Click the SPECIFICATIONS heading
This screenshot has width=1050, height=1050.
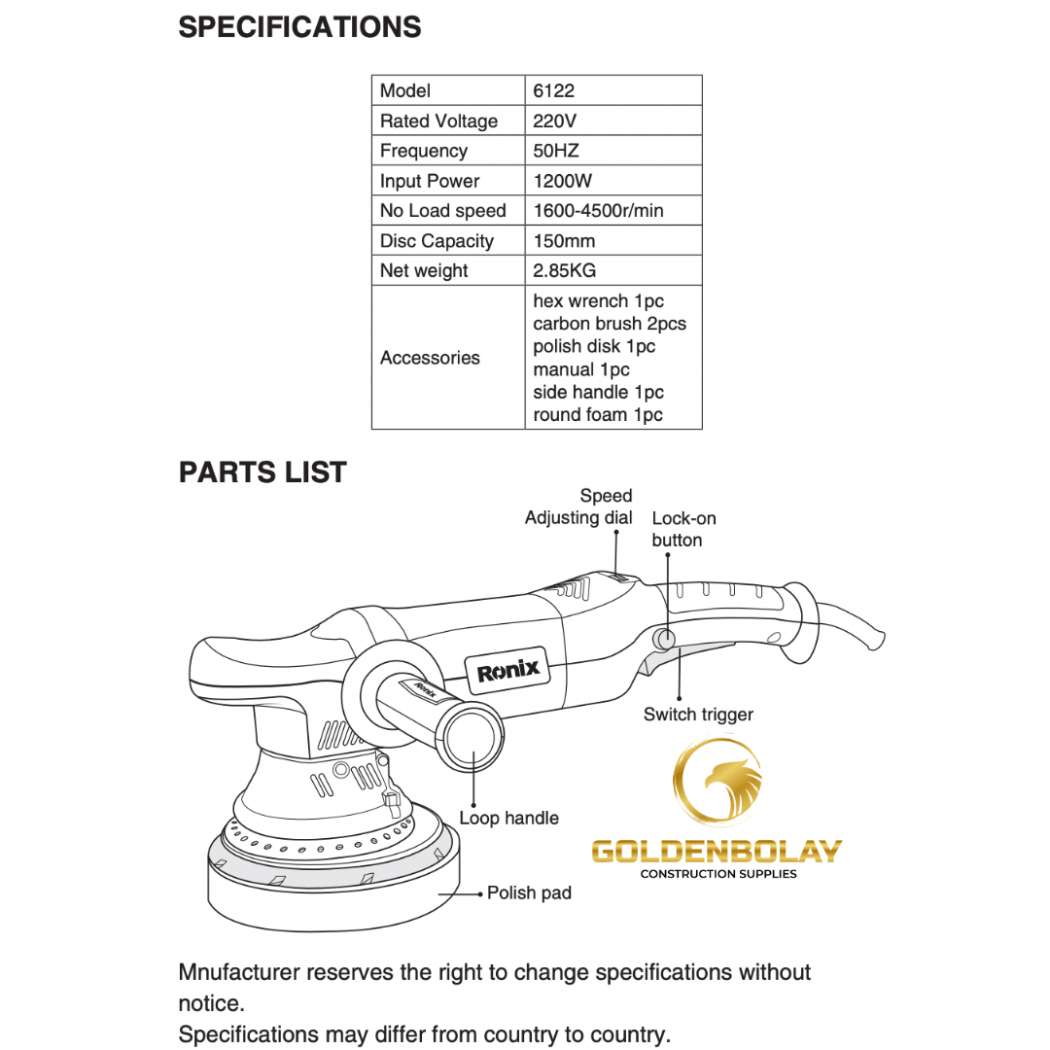click(x=299, y=27)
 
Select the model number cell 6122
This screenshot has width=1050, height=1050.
click(x=554, y=91)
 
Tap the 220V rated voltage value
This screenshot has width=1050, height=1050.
click(x=554, y=122)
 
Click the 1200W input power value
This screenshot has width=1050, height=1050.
click(x=562, y=182)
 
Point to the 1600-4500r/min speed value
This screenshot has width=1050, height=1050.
click(x=598, y=211)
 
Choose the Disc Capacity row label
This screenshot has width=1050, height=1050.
click(x=437, y=241)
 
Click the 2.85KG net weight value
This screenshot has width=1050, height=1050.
click(x=564, y=271)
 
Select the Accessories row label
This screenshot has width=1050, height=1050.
click(x=430, y=358)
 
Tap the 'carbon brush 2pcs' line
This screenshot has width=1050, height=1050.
click(x=610, y=324)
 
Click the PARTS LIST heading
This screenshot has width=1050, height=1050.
click(x=262, y=472)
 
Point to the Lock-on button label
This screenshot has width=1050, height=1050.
click(x=683, y=529)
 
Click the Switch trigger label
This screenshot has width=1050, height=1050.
click(x=698, y=715)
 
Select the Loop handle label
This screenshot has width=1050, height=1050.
click(x=508, y=819)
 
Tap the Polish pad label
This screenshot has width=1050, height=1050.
click(x=529, y=892)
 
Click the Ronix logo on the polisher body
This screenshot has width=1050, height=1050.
click(x=507, y=670)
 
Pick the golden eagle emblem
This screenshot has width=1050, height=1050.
click(x=719, y=783)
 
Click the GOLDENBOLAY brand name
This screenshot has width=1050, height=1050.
click(x=717, y=852)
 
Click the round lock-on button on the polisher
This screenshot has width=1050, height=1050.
click(x=665, y=639)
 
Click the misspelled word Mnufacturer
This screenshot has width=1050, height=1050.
click(x=242, y=972)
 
